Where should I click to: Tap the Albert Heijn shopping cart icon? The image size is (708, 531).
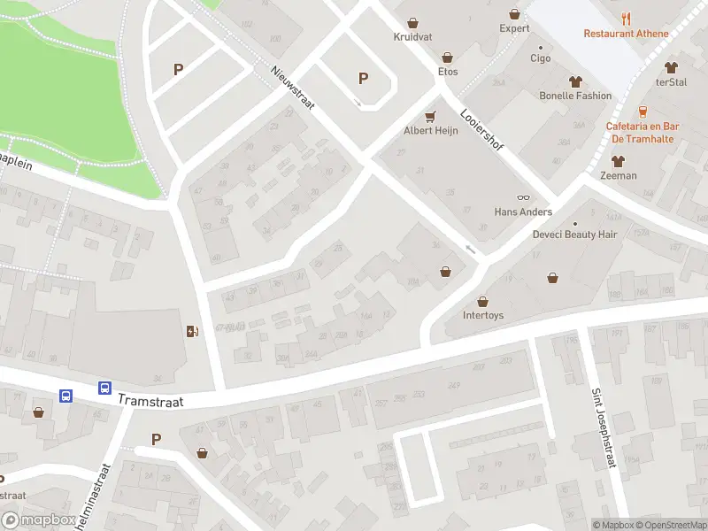(431, 116)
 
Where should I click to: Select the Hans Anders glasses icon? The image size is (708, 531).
(523, 197)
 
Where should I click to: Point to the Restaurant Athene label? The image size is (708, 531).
(626, 34)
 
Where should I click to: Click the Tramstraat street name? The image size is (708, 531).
(150, 401)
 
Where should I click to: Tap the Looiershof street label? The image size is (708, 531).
(481, 129)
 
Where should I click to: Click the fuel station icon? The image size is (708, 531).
(192, 332)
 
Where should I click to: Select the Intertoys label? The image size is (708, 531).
(483, 315)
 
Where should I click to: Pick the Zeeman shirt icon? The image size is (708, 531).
(618, 161)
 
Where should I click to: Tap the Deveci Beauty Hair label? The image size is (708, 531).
(574, 235)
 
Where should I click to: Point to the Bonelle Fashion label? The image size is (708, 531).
(575, 96)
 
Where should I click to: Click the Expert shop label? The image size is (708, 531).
(514, 28)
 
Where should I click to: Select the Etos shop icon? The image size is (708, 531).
(448, 56)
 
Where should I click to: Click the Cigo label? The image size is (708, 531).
(540, 58)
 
